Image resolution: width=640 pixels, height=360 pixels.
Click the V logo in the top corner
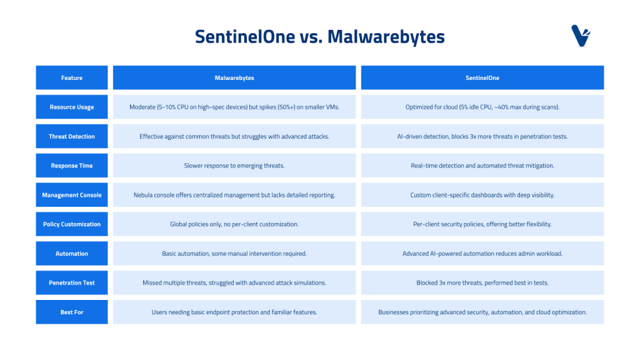(x=581, y=36)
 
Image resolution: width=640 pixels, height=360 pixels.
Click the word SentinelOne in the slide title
(x=245, y=37)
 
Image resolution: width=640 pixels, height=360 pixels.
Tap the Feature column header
(x=72, y=77)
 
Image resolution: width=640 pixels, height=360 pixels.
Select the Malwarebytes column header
(x=234, y=77)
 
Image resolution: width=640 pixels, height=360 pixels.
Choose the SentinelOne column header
(x=482, y=77)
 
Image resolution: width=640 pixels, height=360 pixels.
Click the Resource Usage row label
(x=72, y=107)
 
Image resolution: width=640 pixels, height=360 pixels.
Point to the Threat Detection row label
(x=72, y=136)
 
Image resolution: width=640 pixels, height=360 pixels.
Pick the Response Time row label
(x=72, y=165)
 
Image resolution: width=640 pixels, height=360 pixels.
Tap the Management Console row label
(x=72, y=195)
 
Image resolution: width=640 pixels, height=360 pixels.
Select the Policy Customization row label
(x=72, y=224)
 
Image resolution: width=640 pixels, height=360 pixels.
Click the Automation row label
(x=72, y=254)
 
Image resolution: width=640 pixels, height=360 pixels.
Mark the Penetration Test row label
(x=72, y=282)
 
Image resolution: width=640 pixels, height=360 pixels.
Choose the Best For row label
(x=72, y=312)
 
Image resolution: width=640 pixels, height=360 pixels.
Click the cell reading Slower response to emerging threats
(x=234, y=165)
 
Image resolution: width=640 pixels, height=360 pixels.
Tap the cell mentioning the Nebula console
(x=234, y=195)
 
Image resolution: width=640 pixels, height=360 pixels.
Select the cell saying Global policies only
(x=234, y=224)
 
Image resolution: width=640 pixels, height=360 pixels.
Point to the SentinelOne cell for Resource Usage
(x=482, y=107)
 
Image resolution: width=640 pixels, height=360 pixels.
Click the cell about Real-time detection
(x=482, y=165)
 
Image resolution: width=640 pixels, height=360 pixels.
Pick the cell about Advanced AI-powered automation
(x=482, y=254)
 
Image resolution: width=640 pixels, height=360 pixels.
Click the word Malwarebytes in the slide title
(x=386, y=37)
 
